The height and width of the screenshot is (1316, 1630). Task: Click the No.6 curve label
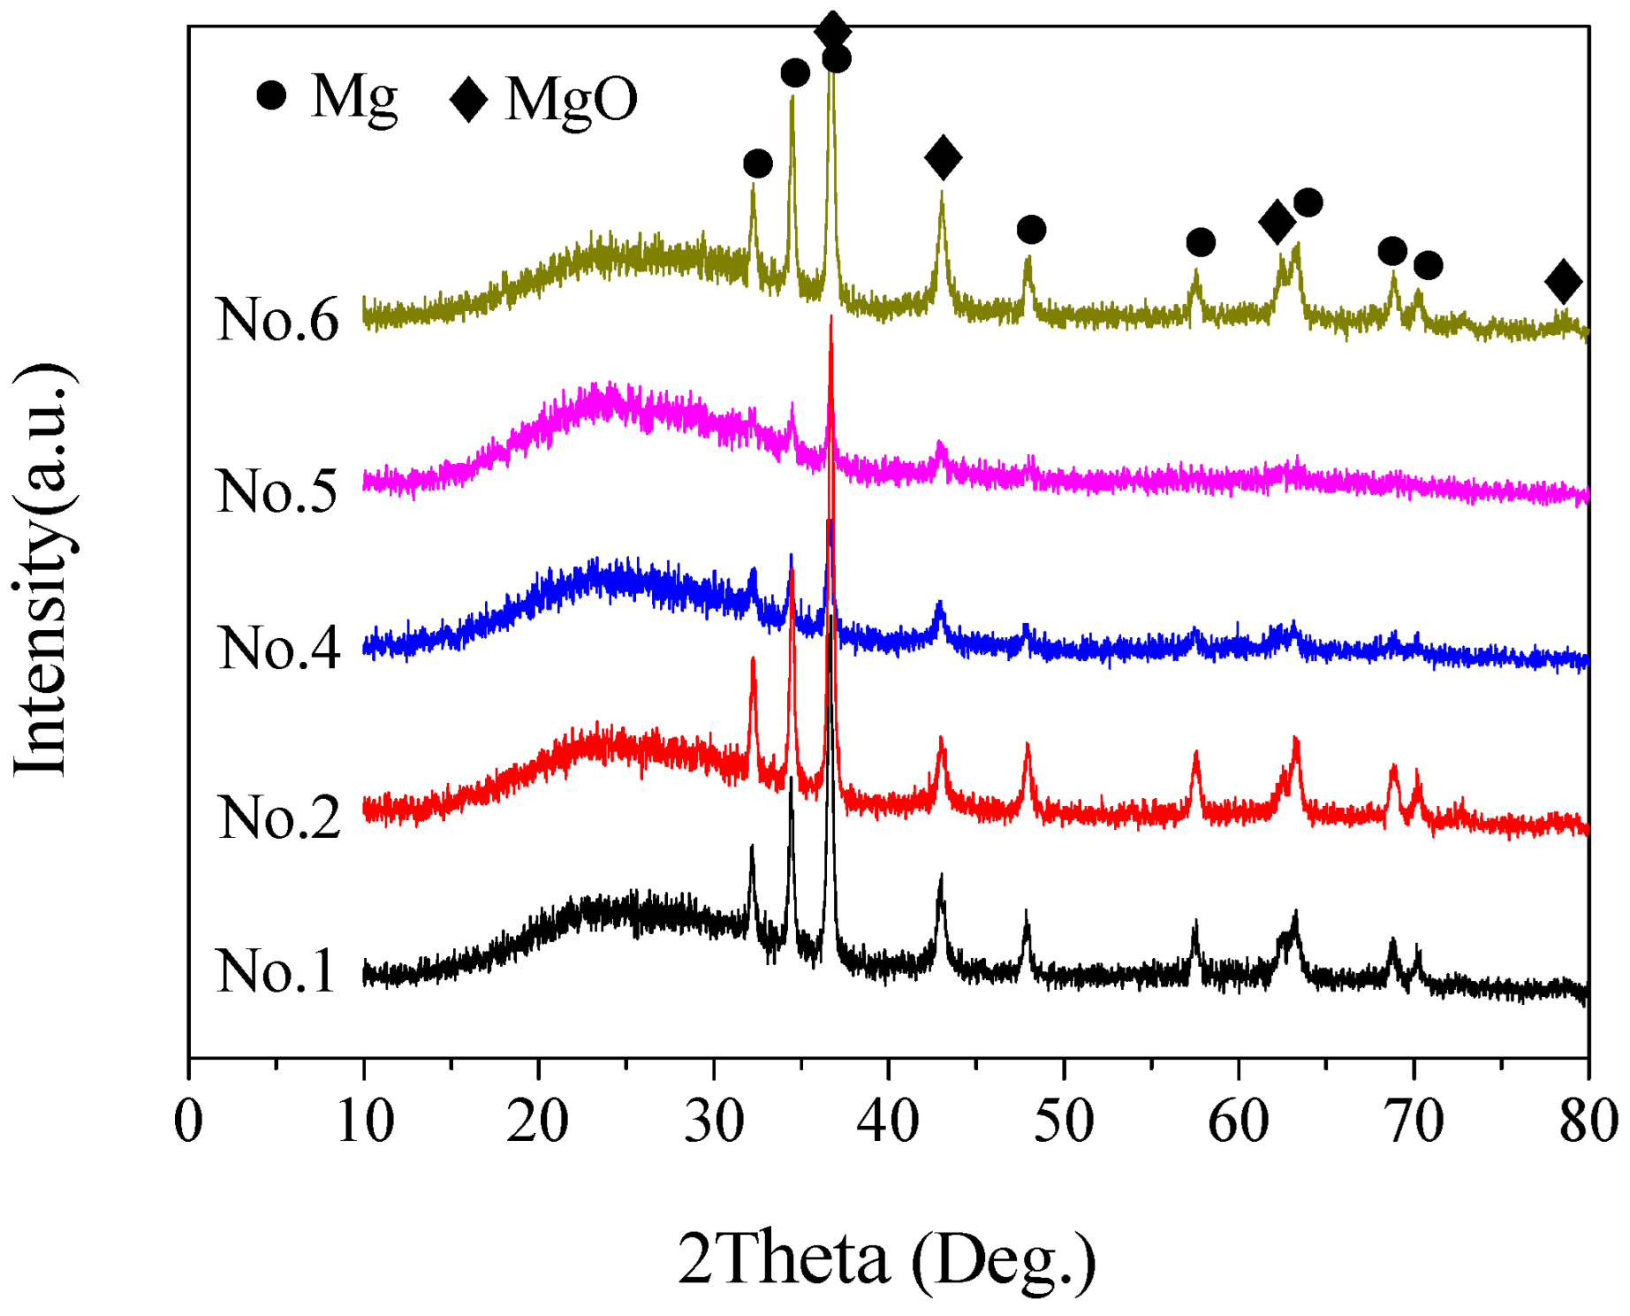click(277, 319)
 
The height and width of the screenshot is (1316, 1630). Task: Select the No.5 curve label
click(277, 491)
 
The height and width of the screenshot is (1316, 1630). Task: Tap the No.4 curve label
click(278, 648)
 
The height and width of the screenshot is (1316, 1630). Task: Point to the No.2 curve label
click(278, 817)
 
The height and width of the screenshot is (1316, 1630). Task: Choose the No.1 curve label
click(275, 971)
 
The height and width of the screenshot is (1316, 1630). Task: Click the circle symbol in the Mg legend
click(271, 95)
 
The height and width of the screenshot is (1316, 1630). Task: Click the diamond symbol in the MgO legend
click(469, 98)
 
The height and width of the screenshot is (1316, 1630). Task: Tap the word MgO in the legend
click(571, 98)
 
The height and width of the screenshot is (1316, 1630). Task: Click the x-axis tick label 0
click(188, 1121)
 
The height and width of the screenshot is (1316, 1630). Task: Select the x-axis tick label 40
click(887, 1121)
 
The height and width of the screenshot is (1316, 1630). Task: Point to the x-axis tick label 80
click(1588, 1121)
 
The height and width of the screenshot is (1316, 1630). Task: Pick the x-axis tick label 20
click(538, 1121)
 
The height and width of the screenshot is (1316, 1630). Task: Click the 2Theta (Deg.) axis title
click(886, 1259)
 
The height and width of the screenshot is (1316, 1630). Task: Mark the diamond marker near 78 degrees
click(1563, 281)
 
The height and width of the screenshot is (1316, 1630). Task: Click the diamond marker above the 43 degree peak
click(943, 158)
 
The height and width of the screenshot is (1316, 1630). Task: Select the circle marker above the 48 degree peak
click(1031, 230)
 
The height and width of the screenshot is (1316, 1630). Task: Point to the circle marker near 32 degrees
click(757, 164)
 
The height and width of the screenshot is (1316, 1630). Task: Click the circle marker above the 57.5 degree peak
click(1200, 242)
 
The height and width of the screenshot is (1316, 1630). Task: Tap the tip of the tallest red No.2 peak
click(830, 318)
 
